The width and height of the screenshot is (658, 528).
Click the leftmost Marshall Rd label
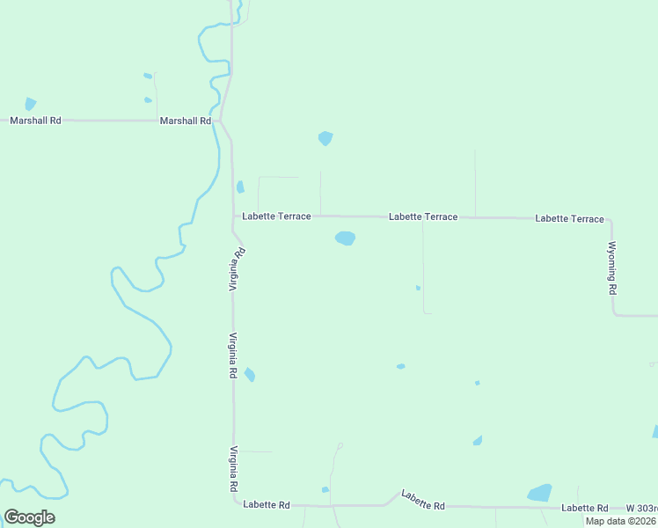[x=35, y=121]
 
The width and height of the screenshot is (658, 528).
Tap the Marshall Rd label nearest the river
[x=186, y=121]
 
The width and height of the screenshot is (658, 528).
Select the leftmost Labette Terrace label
[x=276, y=216]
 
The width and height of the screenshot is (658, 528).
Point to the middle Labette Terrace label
[x=423, y=216]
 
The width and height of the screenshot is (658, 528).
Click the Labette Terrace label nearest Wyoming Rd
[x=570, y=218]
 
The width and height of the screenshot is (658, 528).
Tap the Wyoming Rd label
[x=612, y=268]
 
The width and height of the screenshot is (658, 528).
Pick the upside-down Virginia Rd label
[x=236, y=269]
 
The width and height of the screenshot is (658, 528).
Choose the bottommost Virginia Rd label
[x=234, y=469]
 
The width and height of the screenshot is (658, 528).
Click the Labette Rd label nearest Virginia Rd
[x=267, y=505]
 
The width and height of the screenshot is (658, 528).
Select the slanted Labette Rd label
[x=423, y=500]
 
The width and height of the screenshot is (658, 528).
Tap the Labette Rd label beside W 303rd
[x=585, y=509]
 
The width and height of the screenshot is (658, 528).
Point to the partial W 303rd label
[x=641, y=509]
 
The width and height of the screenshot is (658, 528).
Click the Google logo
[x=29, y=517]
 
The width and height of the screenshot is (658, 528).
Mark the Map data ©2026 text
[x=621, y=521]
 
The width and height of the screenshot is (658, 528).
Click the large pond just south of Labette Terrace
[x=345, y=238]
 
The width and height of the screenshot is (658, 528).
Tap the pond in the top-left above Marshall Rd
[x=31, y=103]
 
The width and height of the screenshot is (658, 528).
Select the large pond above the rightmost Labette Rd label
[x=539, y=493]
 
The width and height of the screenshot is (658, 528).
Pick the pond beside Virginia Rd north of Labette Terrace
[x=240, y=187]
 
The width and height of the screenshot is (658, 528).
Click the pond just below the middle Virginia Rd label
[x=250, y=375]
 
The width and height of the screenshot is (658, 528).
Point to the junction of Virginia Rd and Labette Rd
[x=236, y=503]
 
